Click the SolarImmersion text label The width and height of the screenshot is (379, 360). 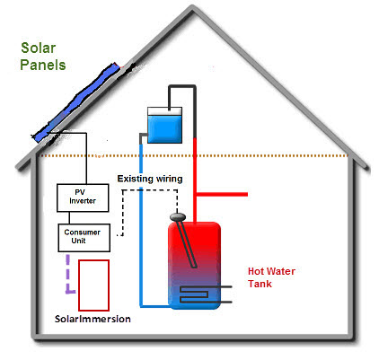[x=93, y=319]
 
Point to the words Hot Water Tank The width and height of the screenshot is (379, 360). [x=271, y=277]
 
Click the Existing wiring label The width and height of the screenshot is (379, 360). [x=150, y=179]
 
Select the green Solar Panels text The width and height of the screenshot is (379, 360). [x=43, y=57]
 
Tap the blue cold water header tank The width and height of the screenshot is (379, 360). [x=164, y=125]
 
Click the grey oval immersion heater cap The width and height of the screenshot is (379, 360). [x=178, y=216]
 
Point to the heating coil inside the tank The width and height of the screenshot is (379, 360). [x=195, y=294]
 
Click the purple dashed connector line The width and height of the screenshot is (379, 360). [x=68, y=274]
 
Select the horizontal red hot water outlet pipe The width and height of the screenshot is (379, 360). [x=222, y=194]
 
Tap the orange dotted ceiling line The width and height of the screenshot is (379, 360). [x=195, y=155]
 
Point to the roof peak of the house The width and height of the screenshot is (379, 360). [x=192, y=7]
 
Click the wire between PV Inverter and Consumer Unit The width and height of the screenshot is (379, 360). [x=69, y=218]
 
